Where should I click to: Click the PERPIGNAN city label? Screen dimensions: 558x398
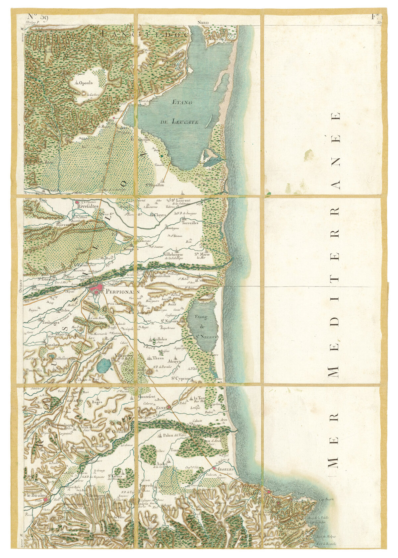pyautogui.click(x=122, y=292)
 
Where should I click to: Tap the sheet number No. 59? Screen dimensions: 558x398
pyautogui.click(x=37, y=17)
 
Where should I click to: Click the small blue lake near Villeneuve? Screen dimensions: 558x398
pyautogui.click(x=103, y=366)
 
